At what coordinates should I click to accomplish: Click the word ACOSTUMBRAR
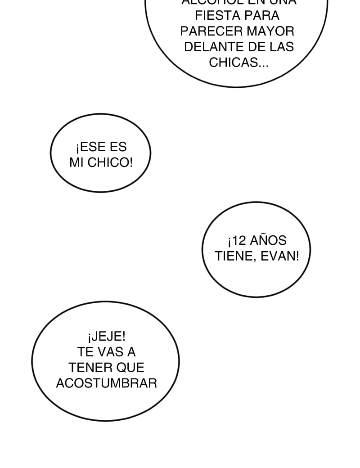(106, 383)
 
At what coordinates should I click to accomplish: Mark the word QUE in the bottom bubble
(130, 368)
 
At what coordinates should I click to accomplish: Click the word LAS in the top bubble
(282, 47)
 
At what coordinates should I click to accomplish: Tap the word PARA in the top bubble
(262, 16)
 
